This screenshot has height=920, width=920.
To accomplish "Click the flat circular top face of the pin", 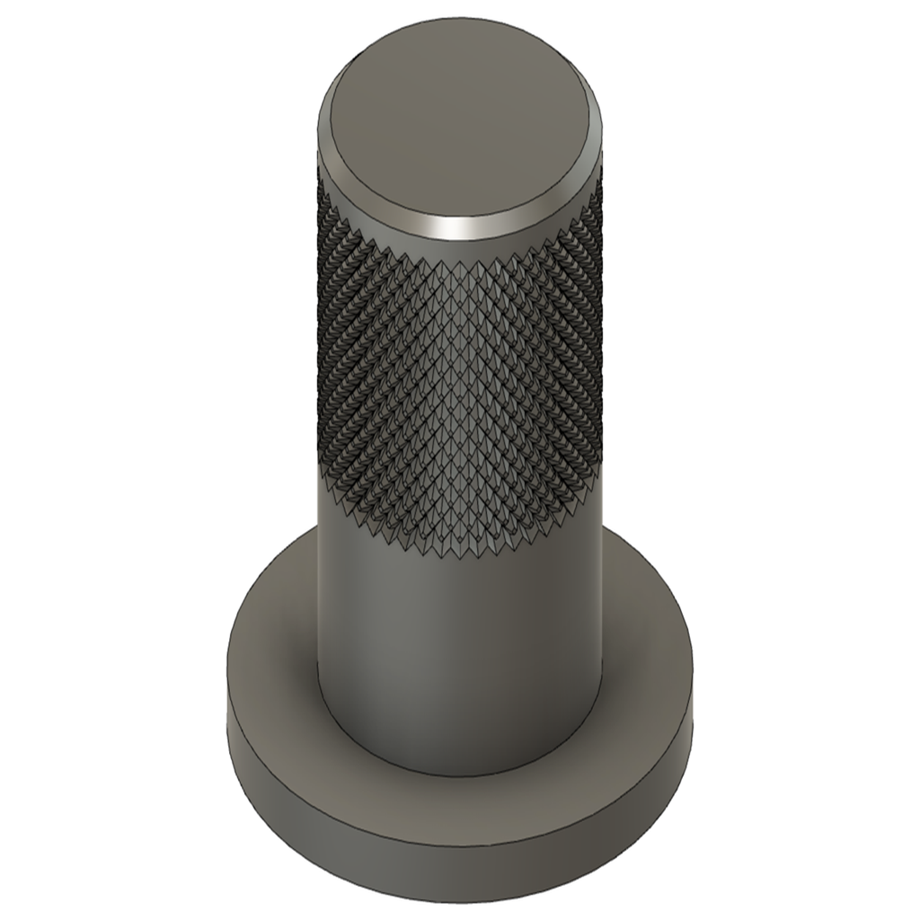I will (x=460, y=117).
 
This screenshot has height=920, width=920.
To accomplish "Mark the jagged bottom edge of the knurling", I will (x=460, y=552).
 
